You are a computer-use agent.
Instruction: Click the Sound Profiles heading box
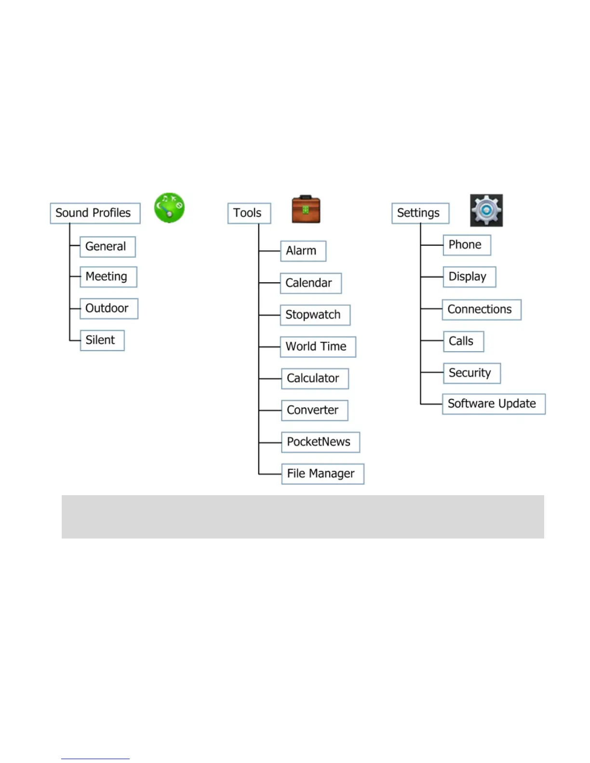[95, 213]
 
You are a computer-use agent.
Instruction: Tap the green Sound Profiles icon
[169, 208]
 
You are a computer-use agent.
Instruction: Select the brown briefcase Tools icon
[306, 210]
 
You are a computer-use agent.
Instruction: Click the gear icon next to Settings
[486, 210]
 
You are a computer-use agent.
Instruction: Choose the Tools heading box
[249, 213]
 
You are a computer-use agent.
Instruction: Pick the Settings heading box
[420, 213]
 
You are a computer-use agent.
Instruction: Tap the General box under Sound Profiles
[107, 247]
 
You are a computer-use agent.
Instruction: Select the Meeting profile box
[108, 277]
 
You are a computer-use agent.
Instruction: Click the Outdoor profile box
[108, 309]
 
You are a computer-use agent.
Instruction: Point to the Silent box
[102, 341]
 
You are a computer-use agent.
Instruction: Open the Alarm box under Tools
[303, 251]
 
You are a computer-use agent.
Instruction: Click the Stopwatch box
[315, 315]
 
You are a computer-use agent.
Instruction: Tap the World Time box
[318, 347]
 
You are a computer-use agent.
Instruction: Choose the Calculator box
[314, 379]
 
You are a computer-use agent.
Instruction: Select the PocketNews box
[320, 442]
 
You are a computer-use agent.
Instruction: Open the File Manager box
[322, 474]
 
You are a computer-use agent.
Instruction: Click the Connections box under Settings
[481, 310]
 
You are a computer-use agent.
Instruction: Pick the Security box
[471, 373]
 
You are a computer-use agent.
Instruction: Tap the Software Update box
[493, 404]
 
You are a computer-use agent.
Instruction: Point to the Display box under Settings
[469, 277]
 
